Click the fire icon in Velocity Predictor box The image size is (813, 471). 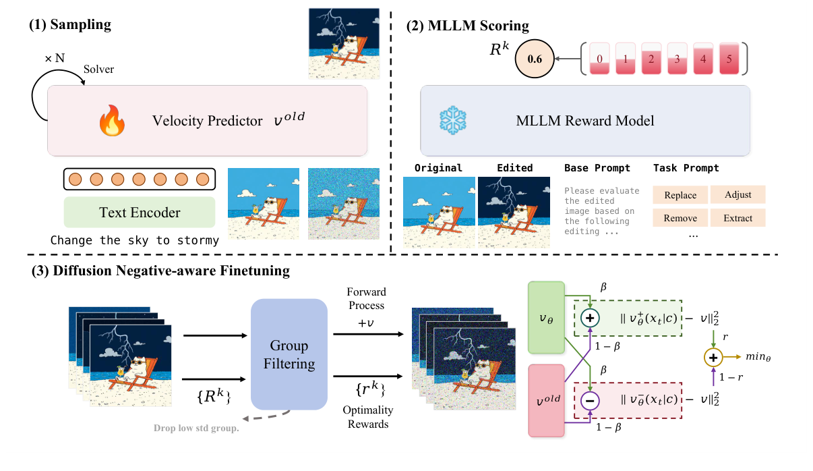(109, 122)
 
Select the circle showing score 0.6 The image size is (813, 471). (535, 59)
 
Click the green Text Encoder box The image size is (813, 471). (140, 213)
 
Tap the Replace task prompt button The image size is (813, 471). (680, 195)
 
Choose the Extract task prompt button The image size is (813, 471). (737, 217)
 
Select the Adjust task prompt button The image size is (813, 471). (737, 195)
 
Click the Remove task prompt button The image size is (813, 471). (680, 217)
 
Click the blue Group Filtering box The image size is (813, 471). (289, 354)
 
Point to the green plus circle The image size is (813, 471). (591, 318)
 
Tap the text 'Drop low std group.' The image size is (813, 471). (197, 428)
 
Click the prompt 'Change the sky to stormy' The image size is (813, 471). (135, 240)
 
